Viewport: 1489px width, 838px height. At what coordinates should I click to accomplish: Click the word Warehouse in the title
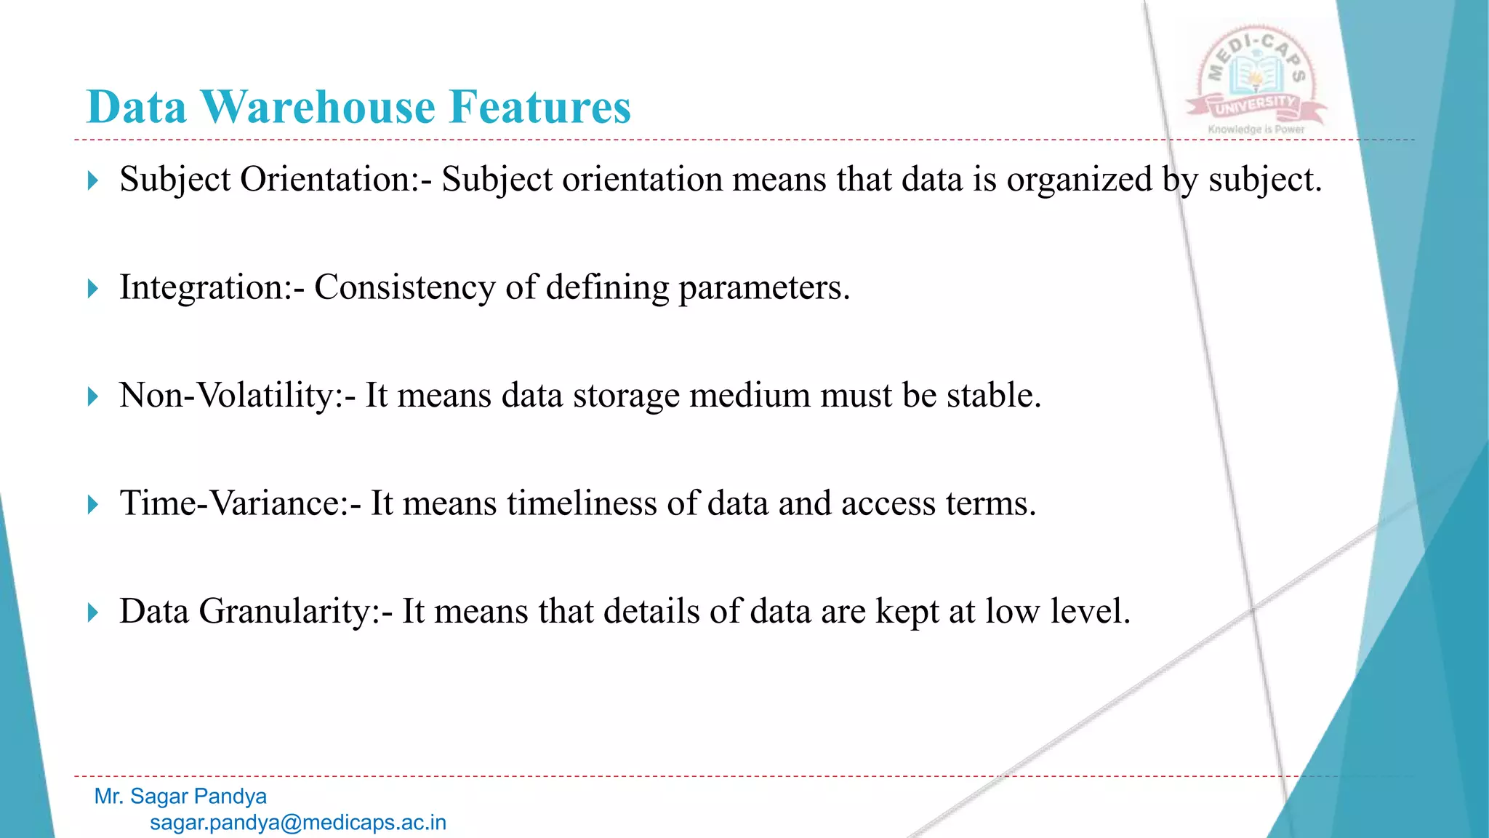(x=318, y=108)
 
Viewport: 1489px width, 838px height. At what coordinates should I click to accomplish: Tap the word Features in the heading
(x=540, y=108)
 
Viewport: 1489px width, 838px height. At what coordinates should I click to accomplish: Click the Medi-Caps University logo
(x=1256, y=76)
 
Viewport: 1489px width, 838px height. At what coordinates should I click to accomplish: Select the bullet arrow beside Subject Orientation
(x=92, y=180)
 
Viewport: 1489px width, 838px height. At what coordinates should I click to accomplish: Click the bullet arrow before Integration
(x=92, y=289)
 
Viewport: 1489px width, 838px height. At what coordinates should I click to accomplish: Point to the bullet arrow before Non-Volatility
(x=92, y=396)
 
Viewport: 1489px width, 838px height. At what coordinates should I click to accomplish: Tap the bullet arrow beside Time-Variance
(x=92, y=504)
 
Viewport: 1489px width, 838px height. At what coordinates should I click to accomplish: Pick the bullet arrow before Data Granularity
(x=92, y=612)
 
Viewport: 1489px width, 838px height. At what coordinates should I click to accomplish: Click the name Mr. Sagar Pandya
(x=180, y=797)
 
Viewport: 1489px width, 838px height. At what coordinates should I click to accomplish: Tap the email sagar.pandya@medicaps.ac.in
(x=298, y=823)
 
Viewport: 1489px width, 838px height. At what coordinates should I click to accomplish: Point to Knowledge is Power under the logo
(x=1256, y=129)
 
